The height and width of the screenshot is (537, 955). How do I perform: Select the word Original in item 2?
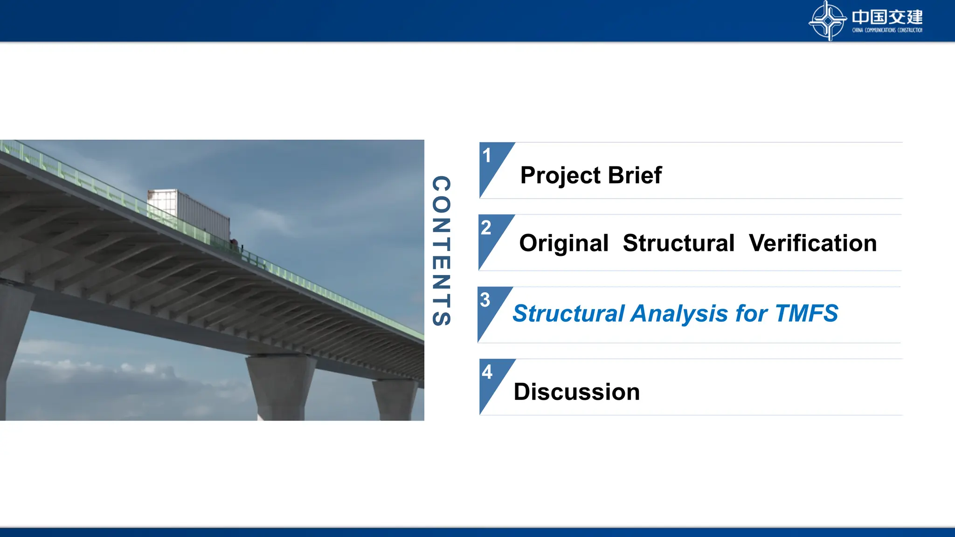[x=564, y=243]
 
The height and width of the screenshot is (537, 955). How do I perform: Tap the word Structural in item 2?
[x=678, y=243]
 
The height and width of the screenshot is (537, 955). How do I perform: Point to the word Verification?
[x=813, y=243]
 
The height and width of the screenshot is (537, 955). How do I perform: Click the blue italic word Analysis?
[x=679, y=314]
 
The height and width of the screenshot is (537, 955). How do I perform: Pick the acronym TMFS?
[x=807, y=313]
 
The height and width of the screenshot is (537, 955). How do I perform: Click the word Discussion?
[x=576, y=392]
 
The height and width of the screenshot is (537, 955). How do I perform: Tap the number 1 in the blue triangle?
[x=487, y=156]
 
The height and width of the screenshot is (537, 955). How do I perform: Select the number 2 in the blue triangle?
[x=486, y=228]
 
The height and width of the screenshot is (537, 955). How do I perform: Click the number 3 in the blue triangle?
[x=485, y=300]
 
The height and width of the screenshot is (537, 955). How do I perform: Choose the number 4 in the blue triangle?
[x=487, y=372]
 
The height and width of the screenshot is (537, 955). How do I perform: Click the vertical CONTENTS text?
[x=441, y=251]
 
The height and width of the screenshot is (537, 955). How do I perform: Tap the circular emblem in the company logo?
[x=827, y=21]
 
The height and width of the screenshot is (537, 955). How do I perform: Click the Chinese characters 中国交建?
[x=887, y=17]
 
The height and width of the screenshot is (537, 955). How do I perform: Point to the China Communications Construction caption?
[x=887, y=30]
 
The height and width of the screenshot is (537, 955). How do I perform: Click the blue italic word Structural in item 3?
[x=568, y=314]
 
